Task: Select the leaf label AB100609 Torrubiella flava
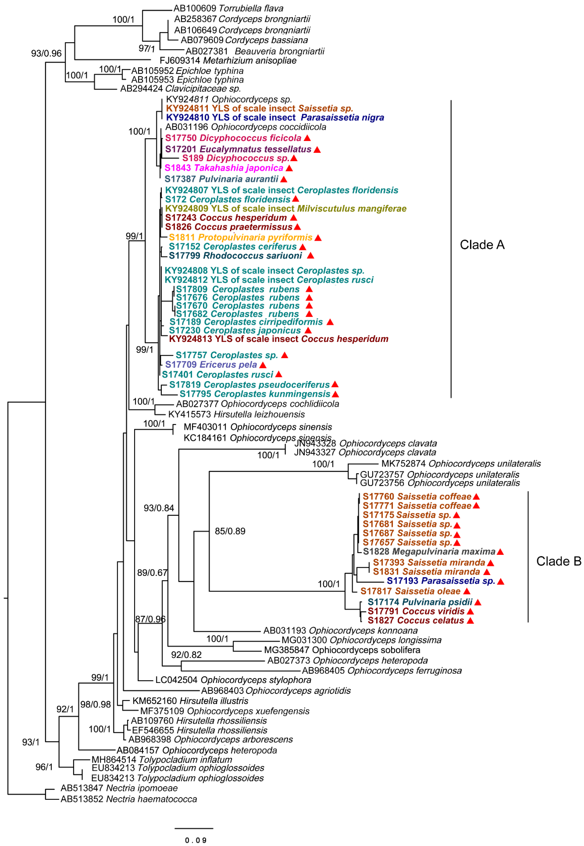(x=228, y=8)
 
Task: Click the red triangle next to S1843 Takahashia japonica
(x=289, y=168)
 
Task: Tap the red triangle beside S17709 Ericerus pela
(x=263, y=365)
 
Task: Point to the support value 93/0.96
(x=46, y=53)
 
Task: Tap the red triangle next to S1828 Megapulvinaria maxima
(x=500, y=552)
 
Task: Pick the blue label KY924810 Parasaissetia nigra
(x=275, y=117)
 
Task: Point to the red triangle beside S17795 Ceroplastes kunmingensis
(x=335, y=394)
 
